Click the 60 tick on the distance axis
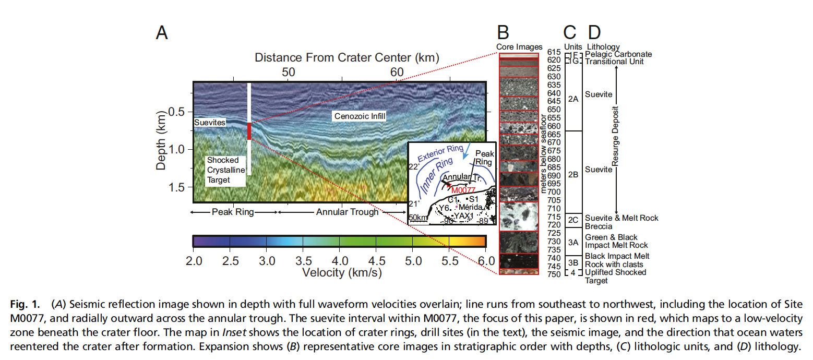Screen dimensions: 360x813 (396, 71)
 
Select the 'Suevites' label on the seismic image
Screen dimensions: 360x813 (210, 123)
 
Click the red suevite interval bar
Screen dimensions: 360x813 (249, 131)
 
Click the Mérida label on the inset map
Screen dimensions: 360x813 (470, 207)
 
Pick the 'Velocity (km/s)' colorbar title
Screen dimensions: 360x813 (340, 272)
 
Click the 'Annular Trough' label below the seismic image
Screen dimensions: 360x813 (346, 212)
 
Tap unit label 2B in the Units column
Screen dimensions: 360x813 (572, 175)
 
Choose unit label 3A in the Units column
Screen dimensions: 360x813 (572, 242)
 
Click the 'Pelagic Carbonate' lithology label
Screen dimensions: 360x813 (618, 54)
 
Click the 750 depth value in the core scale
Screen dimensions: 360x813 (554, 274)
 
